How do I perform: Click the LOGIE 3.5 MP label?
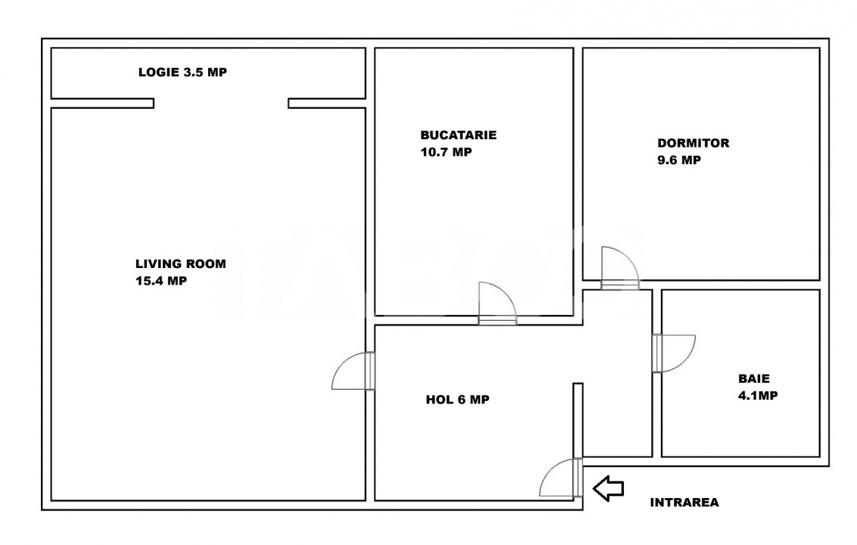(x=182, y=73)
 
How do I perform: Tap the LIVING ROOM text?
(x=180, y=264)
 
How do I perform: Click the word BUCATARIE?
(x=458, y=135)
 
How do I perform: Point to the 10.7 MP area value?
(x=446, y=151)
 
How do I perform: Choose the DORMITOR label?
(x=693, y=143)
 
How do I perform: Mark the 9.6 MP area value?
(x=679, y=160)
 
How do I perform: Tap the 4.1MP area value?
(x=758, y=395)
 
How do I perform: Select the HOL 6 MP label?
(x=457, y=400)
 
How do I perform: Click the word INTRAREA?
(x=684, y=502)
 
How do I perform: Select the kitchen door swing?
(x=497, y=302)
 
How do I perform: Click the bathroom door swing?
(x=676, y=353)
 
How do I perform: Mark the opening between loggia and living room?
(x=221, y=103)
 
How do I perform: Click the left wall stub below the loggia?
(x=102, y=103)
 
